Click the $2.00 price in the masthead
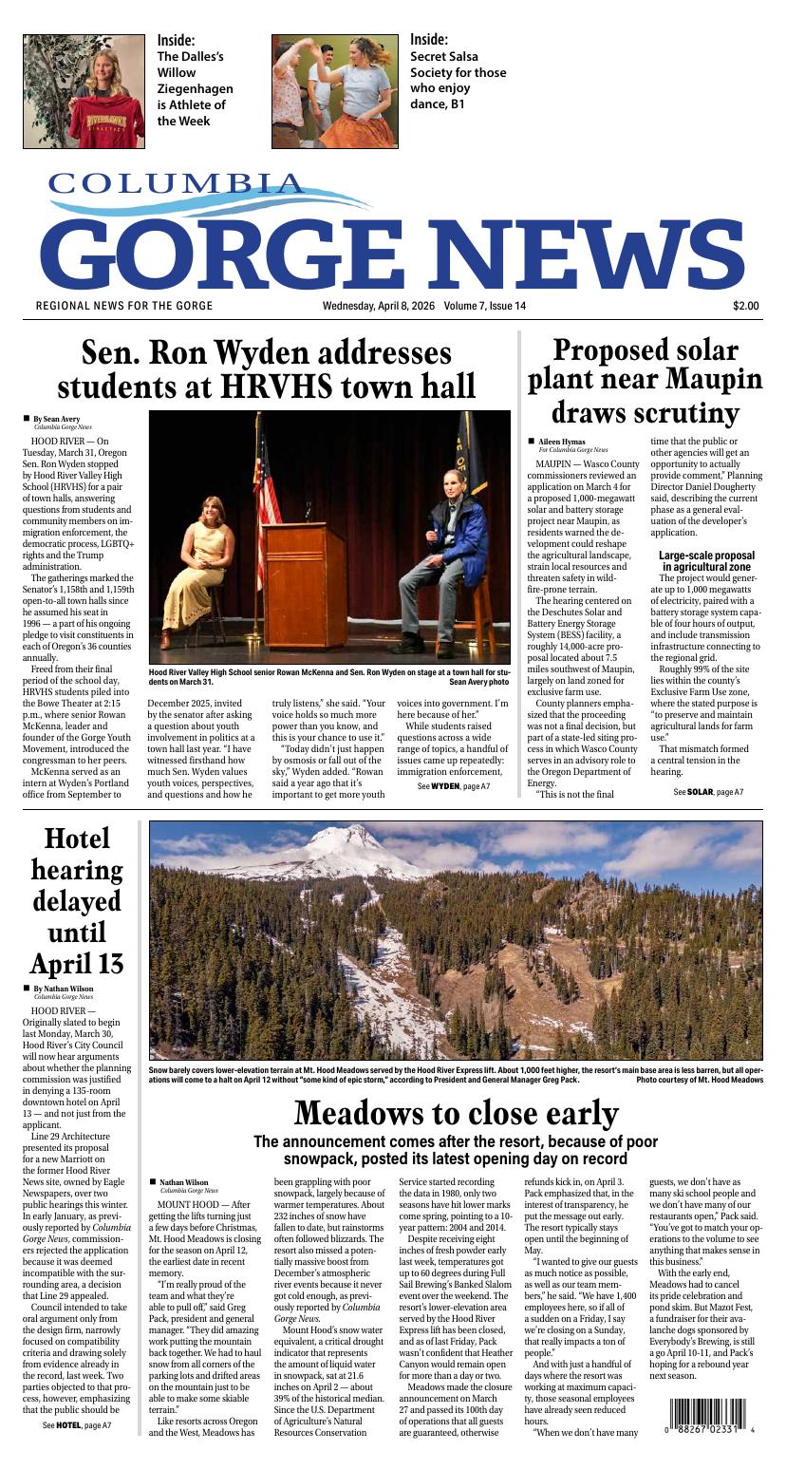click(x=745, y=306)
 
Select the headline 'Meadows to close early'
click(x=456, y=1113)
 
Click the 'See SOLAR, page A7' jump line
click(x=707, y=792)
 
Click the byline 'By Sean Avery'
click(x=56, y=419)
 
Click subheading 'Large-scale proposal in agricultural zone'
click(x=706, y=561)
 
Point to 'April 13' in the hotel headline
click(x=77, y=964)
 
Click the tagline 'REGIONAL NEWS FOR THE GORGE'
click(x=124, y=306)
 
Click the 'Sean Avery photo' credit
click(x=478, y=682)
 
